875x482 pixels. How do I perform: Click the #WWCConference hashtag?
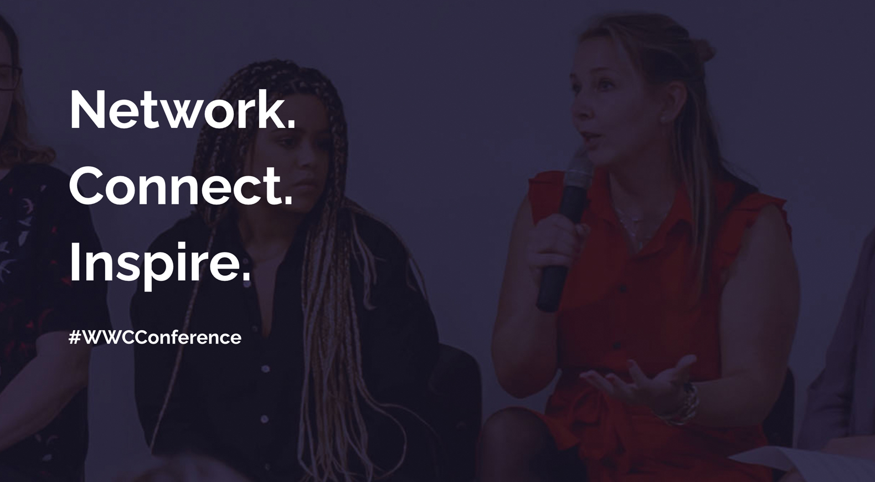coord(155,337)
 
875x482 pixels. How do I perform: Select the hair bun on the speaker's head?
coord(699,51)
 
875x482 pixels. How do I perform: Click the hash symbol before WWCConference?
coord(74,337)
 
